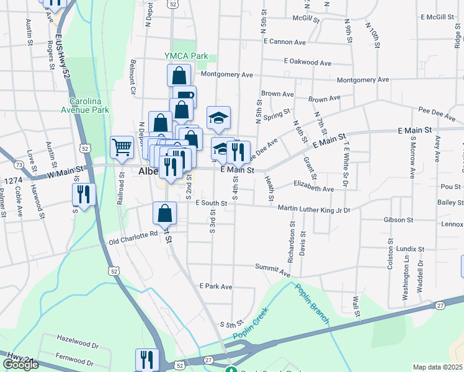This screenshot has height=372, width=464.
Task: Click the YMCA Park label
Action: (x=186, y=56)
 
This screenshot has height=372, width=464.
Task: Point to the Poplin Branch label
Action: (x=311, y=303)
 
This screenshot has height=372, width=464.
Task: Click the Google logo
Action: (x=20, y=365)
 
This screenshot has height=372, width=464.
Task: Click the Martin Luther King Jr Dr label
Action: (x=314, y=210)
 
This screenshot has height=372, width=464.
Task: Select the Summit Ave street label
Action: (x=272, y=268)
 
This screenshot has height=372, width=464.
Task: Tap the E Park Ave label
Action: (x=215, y=287)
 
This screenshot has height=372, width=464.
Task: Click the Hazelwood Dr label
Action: (x=78, y=342)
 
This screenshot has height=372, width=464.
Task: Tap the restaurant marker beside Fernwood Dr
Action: (x=147, y=360)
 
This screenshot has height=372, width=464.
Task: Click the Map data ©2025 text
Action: (x=437, y=367)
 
